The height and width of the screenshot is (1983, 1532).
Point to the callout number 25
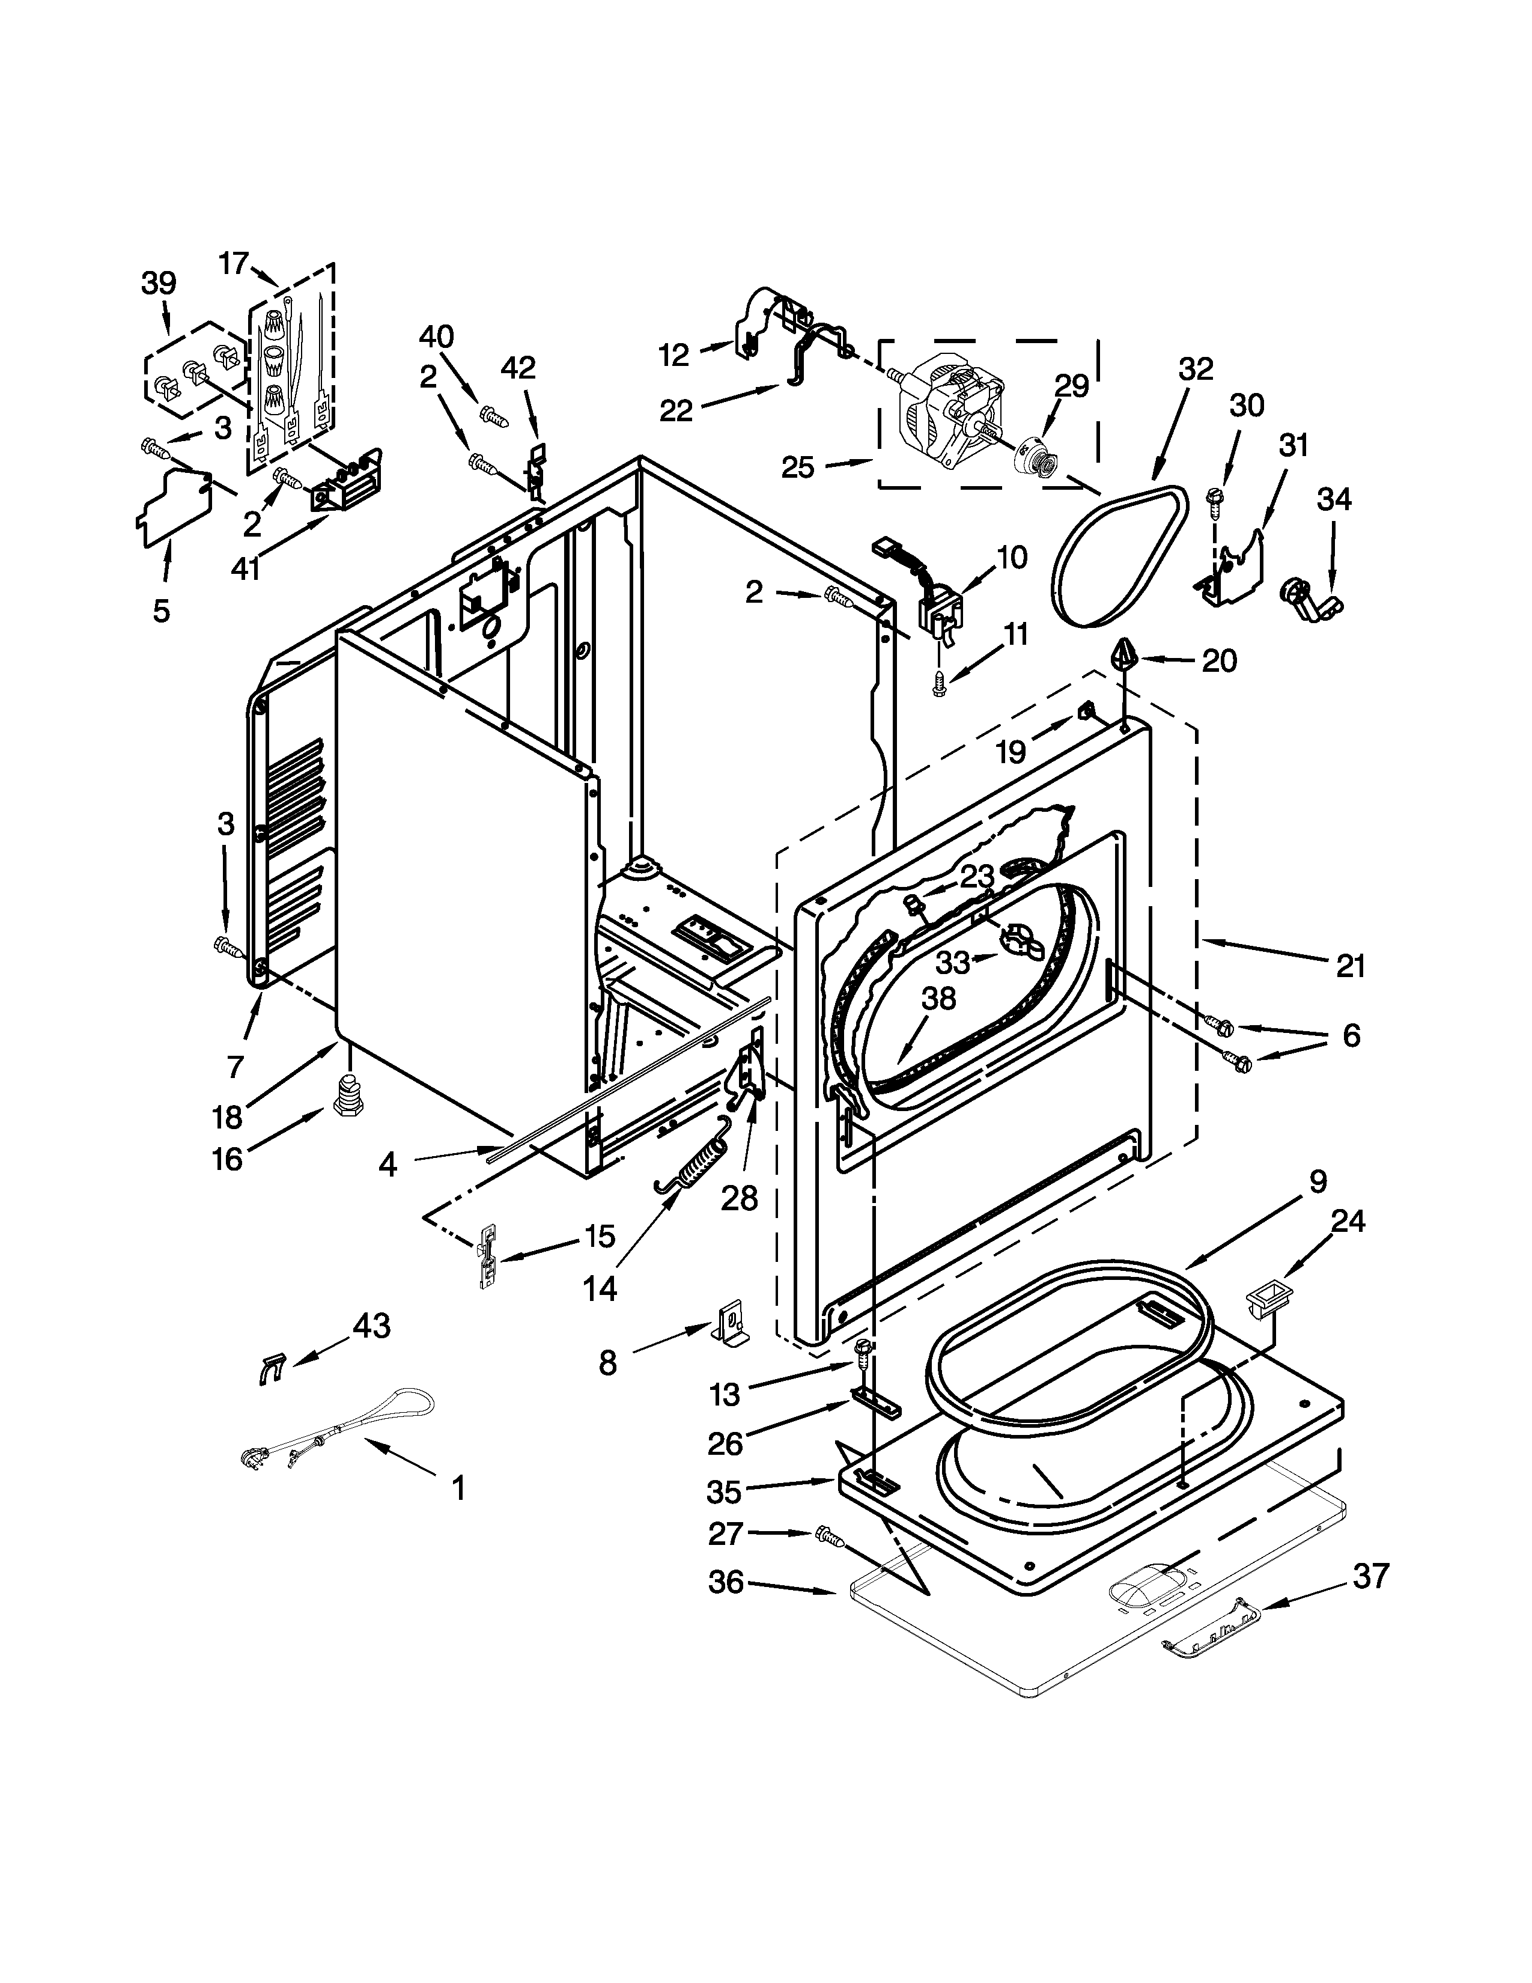pos(798,467)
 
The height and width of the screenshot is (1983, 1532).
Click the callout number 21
pos(1351,966)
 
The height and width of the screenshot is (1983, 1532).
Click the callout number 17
pos(233,263)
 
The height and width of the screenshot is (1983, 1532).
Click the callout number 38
pos(938,999)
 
